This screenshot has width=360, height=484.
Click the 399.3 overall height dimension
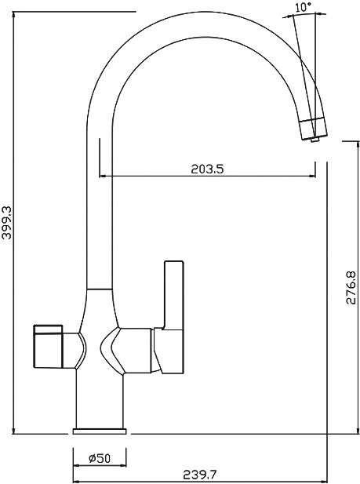(x=7, y=223)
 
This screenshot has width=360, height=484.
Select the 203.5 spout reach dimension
(x=207, y=169)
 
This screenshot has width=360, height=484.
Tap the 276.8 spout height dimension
(x=351, y=288)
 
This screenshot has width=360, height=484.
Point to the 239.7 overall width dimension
(x=201, y=475)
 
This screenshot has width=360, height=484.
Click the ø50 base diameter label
(x=100, y=458)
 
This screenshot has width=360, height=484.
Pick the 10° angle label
(x=303, y=8)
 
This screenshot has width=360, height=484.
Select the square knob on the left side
(x=49, y=347)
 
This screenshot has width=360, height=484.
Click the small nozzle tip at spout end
(x=315, y=140)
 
